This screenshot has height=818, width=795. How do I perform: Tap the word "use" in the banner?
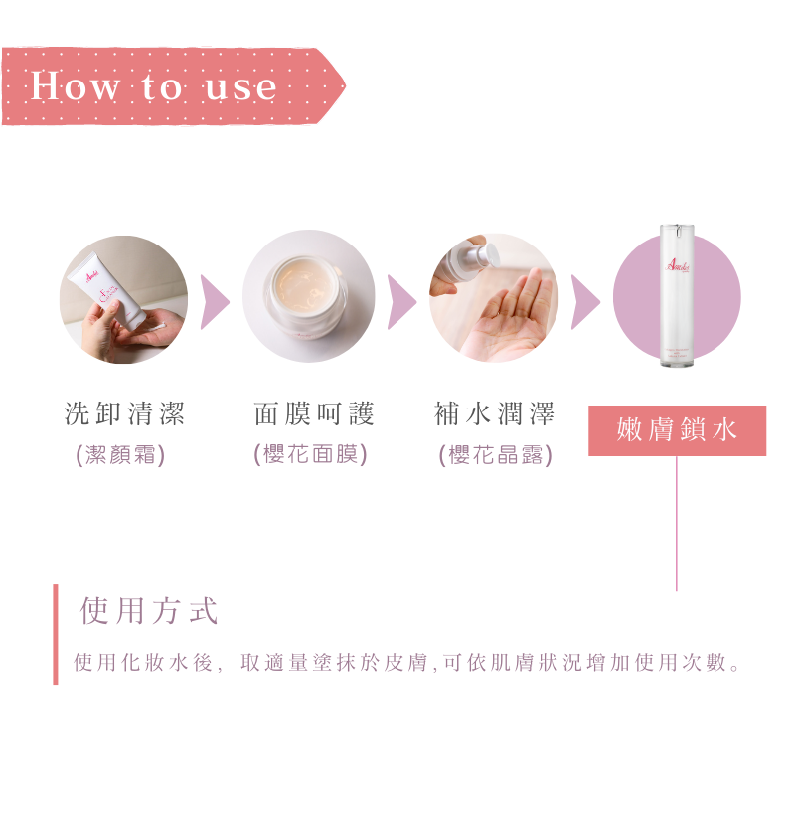pos(241,87)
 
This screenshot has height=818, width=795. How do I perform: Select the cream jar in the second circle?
pos(308,296)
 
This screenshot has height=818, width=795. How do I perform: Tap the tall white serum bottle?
pos(677,295)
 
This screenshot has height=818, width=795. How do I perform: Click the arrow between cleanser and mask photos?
pos(214,302)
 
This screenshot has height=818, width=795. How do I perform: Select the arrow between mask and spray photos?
pos(401,302)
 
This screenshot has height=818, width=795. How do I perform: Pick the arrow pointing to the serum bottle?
pos(585,302)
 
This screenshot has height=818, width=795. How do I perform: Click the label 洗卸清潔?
pos(124,413)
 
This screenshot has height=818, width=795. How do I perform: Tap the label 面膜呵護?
pos(313,413)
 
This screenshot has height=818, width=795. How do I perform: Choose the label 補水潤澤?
pos(494,413)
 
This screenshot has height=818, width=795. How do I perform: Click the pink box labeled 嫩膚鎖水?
pos(677,430)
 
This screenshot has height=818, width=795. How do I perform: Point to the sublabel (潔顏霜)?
pos(120,454)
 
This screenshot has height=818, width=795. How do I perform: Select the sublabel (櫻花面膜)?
pos(310,454)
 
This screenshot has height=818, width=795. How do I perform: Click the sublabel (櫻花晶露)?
pos(496,454)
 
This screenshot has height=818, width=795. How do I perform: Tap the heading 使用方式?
pos(149,611)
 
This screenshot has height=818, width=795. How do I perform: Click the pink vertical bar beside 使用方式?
pos(56,634)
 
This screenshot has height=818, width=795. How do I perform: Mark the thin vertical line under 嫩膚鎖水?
pos(677,524)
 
